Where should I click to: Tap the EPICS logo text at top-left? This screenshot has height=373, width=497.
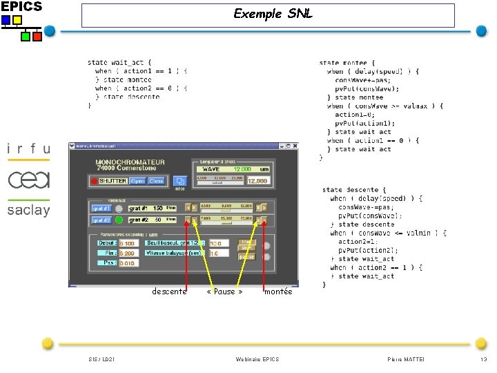[x=21, y=7]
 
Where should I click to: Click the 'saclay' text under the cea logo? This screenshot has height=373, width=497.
[x=28, y=210]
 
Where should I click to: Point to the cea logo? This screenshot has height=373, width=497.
[x=28, y=180]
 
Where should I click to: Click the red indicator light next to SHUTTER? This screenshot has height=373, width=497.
[x=94, y=181]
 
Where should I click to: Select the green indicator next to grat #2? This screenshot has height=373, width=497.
[x=119, y=220]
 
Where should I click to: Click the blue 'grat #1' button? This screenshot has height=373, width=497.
[x=101, y=208]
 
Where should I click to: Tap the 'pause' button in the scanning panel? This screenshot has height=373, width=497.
[x=246, y=256]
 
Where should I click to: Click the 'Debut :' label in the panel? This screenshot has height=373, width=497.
[x=108, y=243]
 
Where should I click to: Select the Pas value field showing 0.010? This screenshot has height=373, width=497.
[x=128, y=263]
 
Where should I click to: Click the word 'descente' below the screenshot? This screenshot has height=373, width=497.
[x=169, y=291]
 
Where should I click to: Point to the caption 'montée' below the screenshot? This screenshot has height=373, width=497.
[x=278, y=291]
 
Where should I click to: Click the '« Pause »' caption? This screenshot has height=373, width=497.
[x=224, y=291]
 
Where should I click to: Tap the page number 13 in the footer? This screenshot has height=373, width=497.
[x=483, y=359]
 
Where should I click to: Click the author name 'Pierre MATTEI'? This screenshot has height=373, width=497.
[x=406, y=359]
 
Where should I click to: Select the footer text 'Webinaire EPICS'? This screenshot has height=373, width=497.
[x=257, y=359]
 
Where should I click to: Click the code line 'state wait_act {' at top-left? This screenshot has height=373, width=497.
[x=119, y=62]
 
